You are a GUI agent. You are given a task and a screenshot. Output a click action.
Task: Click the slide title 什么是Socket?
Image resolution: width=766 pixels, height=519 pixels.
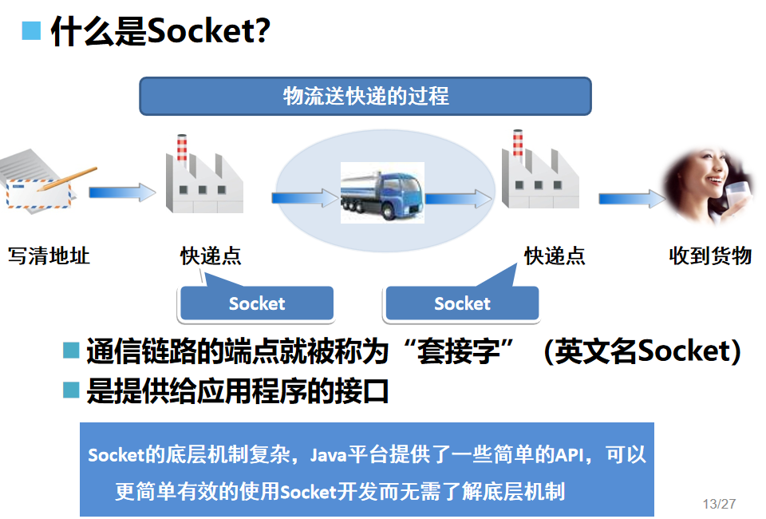coord(160,32)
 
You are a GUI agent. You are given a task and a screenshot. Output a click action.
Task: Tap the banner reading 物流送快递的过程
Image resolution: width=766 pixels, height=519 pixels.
coord(365,97)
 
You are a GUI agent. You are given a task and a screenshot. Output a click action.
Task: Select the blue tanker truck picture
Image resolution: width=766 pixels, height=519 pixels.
coord(382,192)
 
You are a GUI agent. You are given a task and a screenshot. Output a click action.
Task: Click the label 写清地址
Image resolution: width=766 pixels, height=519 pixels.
coord(49,256)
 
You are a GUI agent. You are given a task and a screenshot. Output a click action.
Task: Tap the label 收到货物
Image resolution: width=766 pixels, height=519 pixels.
coord(710,256)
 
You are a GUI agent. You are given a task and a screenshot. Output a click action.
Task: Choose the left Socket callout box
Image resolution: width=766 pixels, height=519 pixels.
coord(256,303)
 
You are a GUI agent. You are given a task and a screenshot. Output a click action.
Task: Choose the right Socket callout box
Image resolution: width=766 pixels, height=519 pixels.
coord(462,303)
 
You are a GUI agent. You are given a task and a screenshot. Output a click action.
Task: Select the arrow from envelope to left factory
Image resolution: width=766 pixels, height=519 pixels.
coord(121,192)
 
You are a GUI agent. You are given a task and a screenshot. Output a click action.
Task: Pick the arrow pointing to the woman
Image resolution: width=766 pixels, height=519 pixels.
coord(630,198)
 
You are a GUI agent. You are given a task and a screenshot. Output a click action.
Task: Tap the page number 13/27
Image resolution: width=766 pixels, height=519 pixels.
coord(719,504)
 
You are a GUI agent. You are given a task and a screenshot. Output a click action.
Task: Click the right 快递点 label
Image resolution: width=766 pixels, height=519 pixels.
coord(555,256)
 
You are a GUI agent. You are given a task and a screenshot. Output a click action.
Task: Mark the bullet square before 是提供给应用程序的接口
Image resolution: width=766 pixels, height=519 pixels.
coord(72,390)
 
